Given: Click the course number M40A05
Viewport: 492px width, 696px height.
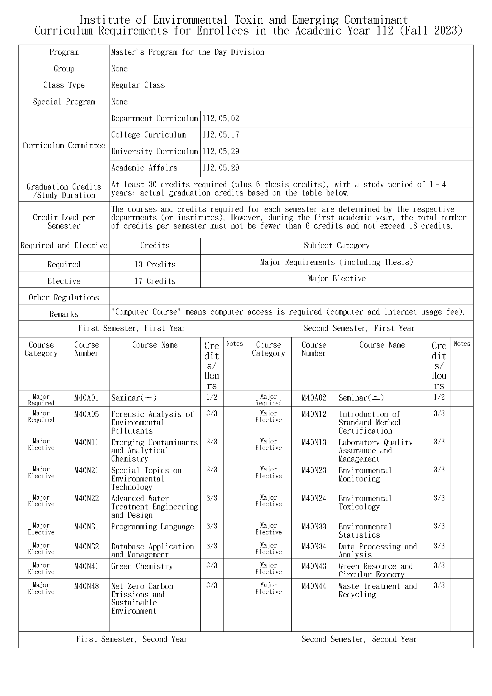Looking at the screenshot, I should [x=86, y=414].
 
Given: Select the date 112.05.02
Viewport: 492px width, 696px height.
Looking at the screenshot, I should [x=221, y=118].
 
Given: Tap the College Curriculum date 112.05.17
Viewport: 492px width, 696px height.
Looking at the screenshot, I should [x=221, y=135].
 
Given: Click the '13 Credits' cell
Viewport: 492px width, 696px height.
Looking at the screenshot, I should [x=155, y=264].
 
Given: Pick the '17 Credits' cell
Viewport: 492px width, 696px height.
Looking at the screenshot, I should [x=155, y=281].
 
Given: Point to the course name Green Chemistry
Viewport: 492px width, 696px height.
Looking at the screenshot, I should [x=142, y=566].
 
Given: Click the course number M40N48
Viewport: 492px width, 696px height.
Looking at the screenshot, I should [x=86, y=586].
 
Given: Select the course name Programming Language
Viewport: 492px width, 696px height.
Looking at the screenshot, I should [x=152, y=527].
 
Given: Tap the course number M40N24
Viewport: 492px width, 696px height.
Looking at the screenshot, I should [x=314, y=498].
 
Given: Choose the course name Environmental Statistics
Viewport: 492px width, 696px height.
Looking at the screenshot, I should [x=365, y=531].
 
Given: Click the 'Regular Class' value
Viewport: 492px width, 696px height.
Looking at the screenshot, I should [x=138, y=85].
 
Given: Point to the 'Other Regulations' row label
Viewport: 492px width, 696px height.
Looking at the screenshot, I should [x=64, y=298].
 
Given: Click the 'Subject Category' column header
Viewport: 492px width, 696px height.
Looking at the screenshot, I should [x=337, y=245].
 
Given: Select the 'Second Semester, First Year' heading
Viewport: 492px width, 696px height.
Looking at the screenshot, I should [x=359, y=328].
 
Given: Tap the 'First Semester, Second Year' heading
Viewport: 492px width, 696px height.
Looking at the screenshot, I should [x=132, y=639].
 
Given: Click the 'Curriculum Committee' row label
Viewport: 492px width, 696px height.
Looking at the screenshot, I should [x=64, y=146].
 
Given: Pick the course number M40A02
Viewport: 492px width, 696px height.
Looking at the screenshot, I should [x=314, y=398].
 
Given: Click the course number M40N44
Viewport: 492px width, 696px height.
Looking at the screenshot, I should [x=314, y=586].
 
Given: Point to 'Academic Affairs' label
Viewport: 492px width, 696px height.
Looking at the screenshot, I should [x=144, y=168].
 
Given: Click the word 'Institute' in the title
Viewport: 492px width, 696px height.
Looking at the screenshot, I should [x=104, y=20].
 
